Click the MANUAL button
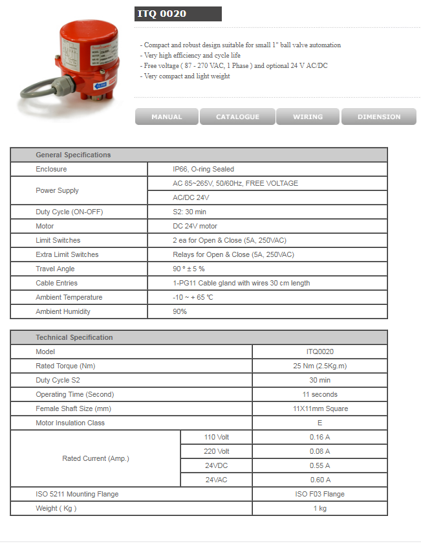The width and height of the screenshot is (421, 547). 167,117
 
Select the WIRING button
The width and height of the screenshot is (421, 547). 308,117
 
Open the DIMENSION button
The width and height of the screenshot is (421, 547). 378,117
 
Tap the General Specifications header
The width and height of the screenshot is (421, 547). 73,155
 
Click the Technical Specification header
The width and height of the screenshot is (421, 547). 74,337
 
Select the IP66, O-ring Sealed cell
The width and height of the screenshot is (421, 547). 203,169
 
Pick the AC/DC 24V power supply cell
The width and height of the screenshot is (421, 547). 191,197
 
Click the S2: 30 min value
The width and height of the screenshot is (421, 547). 189,212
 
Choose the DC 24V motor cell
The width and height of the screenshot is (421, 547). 195,226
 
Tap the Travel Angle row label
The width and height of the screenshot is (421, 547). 55,269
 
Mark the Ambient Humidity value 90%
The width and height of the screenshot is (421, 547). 180,311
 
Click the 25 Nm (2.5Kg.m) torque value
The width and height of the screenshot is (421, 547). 319,366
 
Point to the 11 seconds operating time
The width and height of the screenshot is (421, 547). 319,394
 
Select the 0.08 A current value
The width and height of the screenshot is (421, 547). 319,451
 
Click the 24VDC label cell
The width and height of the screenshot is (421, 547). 217,465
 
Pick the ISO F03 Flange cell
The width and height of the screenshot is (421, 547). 319,494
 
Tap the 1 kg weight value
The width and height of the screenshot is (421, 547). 319,508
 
